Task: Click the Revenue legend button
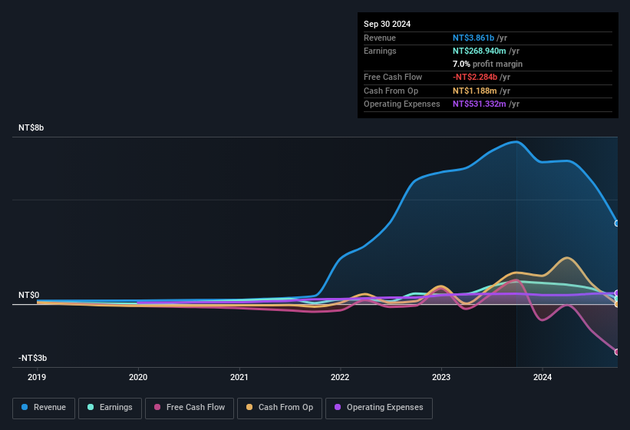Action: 45,408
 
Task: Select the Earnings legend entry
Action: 110,408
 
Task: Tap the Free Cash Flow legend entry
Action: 190,408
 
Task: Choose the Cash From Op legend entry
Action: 280,408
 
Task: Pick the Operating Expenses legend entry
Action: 379,408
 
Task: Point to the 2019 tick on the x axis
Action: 37,377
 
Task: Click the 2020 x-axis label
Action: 138,377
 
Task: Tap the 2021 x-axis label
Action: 239,377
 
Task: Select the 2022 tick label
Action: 340,377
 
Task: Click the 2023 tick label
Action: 441,377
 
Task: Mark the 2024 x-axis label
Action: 543,377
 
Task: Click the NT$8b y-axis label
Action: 31,127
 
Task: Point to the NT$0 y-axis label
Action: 29,295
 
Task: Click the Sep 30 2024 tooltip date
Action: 387,24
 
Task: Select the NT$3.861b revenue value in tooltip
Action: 473,38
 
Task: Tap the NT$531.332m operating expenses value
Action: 479,104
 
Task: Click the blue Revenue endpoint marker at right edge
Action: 617,223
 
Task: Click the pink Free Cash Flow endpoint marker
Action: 617,352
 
